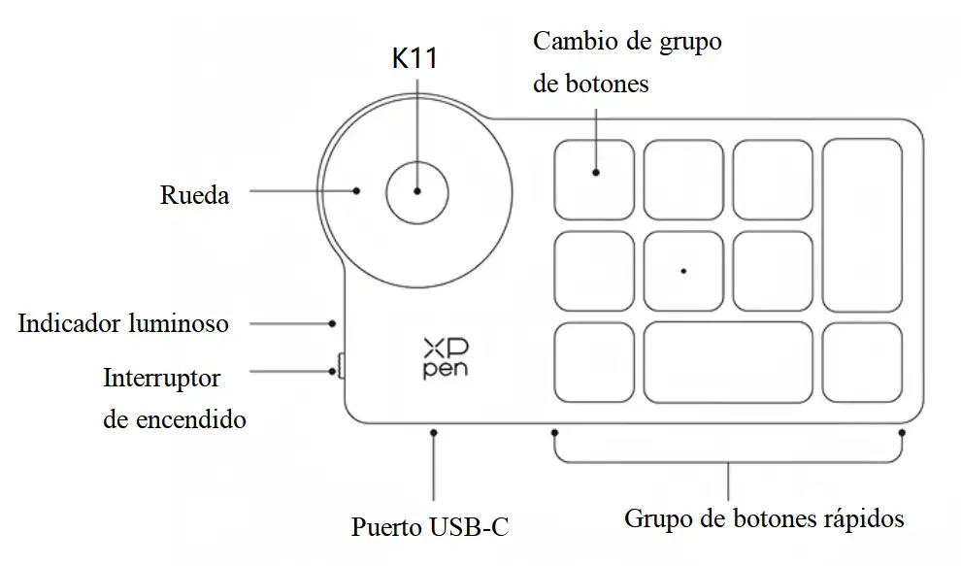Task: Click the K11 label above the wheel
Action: [x=414, y=59]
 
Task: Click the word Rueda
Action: [x=194, y=195]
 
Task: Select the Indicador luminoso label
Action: [x=123, y=322]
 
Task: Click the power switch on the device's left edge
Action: [x=340, y=367]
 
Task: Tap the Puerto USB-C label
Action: [x=430, y=527]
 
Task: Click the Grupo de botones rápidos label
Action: [x=764, y=517]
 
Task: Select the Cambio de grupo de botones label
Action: [x=627, y=63]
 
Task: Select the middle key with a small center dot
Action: [x=683, y=270]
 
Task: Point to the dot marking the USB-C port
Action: [x=434, y=432]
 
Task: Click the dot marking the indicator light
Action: [x=332, y=322]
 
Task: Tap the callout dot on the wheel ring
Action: [x=358, y=191]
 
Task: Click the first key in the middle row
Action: [x=594, y=270]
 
